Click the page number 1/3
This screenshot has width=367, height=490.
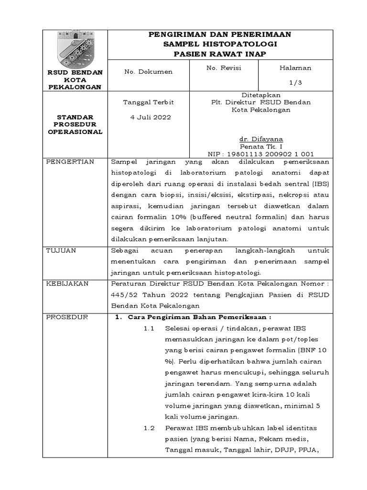[x=295, y=82]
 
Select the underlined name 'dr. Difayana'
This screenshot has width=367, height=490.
[x=261, y=139]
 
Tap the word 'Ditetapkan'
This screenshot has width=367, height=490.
[x=261, y=95]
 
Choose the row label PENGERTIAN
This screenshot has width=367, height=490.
[x=70, y=162]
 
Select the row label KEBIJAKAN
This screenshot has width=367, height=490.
[x=67, y=284]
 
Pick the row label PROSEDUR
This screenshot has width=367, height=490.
[x=67, y=317]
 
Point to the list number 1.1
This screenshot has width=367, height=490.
[x=150, y=329]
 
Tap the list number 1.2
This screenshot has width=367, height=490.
[x=150, y=428]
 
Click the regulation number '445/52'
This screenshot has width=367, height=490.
[x=123, y=295]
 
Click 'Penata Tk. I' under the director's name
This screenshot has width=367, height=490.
[x=261, y=146]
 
